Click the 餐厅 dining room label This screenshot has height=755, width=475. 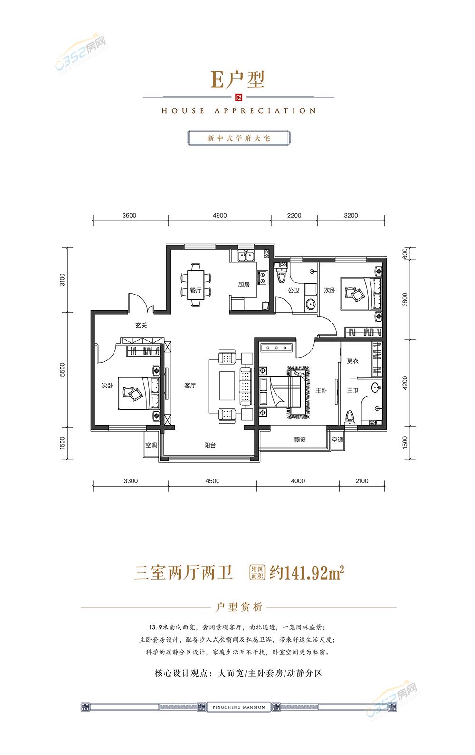coord(195,290)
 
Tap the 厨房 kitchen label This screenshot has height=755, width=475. coord(244,285)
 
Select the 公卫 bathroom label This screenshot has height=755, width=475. coord(294,290)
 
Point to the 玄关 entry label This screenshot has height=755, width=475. coord(141,326)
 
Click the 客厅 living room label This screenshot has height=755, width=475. coord(190,386)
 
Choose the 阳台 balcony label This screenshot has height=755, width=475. coord(210,446)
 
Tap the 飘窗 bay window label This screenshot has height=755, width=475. coord(300,440)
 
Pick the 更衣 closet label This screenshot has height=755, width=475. coord(352,361)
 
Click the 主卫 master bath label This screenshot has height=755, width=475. coord(352,391)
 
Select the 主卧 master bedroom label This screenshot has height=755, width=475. coord(321,391)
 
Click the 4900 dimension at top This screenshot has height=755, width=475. coord(219,215)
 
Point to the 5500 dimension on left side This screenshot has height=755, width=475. coord(63,369)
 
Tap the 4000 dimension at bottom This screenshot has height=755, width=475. coord(298,481)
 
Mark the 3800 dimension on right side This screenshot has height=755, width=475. coord(405,300)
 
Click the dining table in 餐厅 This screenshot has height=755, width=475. coord(195,285)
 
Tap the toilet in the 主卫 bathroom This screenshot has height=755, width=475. coord(350,418)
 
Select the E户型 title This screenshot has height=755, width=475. coord(237,80)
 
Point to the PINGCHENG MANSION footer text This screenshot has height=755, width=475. coord(239,707)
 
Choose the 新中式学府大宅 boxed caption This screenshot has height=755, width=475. coord(238,138)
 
